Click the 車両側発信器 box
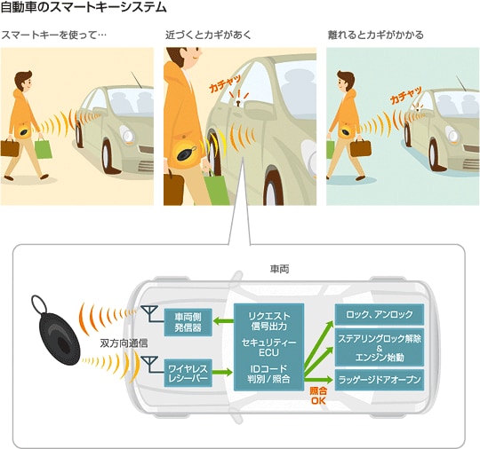click(188, 322)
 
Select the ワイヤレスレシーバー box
click(188, 373)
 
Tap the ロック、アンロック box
click(380, 314)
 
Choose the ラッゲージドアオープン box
click(380, 380)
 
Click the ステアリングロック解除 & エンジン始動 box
click(380, 348)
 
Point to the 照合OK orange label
click(318, 396)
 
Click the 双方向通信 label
click(124, 343)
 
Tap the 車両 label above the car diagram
click(279, 269)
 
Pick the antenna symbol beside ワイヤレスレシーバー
click(150, 365)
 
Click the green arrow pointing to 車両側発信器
click(223, 321)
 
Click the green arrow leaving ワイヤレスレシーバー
click(222, 373)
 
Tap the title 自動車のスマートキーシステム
click(84, 7)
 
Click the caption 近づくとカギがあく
click(208, 35)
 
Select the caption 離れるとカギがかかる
click(376, 35)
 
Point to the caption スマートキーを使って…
click(54, 35)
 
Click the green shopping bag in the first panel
click(43, 148)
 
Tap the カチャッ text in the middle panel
click(225, 83)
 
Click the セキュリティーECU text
click(268, 347)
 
